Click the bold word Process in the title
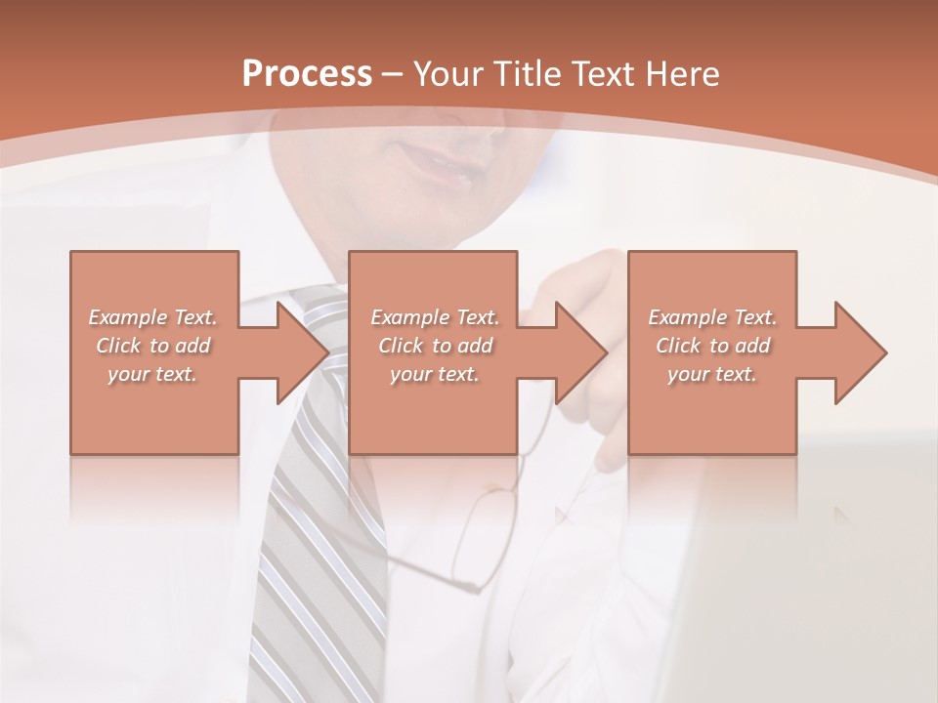point(307,73)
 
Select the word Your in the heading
point(450,73)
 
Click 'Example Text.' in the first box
point(152,317)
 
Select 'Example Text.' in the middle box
point(435,317)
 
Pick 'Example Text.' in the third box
point(712,317)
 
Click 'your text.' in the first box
point(152,374)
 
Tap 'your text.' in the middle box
point(435,374)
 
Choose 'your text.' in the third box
point(712,374)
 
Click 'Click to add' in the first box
point(152,346)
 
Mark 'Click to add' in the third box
point(712,346)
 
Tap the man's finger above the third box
point(586,273)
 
